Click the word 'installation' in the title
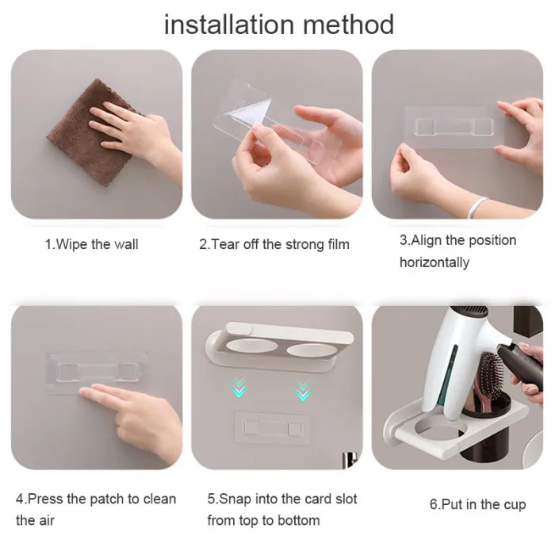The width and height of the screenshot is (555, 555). point(229,25)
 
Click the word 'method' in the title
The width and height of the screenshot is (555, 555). point(348,25)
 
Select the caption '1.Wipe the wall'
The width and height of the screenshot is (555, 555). point(91,244)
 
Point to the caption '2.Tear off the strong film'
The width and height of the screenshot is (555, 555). point(274,244)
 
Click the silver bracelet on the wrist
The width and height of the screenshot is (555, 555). point(477,207)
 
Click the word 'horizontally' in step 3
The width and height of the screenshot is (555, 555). point(434,262)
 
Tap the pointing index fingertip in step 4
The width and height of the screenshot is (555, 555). point(84,392)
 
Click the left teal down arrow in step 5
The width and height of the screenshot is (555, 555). point(239,388)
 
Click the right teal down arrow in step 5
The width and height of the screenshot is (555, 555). point(303,390)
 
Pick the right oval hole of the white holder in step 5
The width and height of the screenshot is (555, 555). point(312,350)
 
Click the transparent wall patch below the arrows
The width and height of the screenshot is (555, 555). point(273,427)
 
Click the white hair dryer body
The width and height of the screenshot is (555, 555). point(460,358)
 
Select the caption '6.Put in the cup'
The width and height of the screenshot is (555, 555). point(478,504)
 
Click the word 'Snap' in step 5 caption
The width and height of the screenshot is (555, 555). point(235,499)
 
